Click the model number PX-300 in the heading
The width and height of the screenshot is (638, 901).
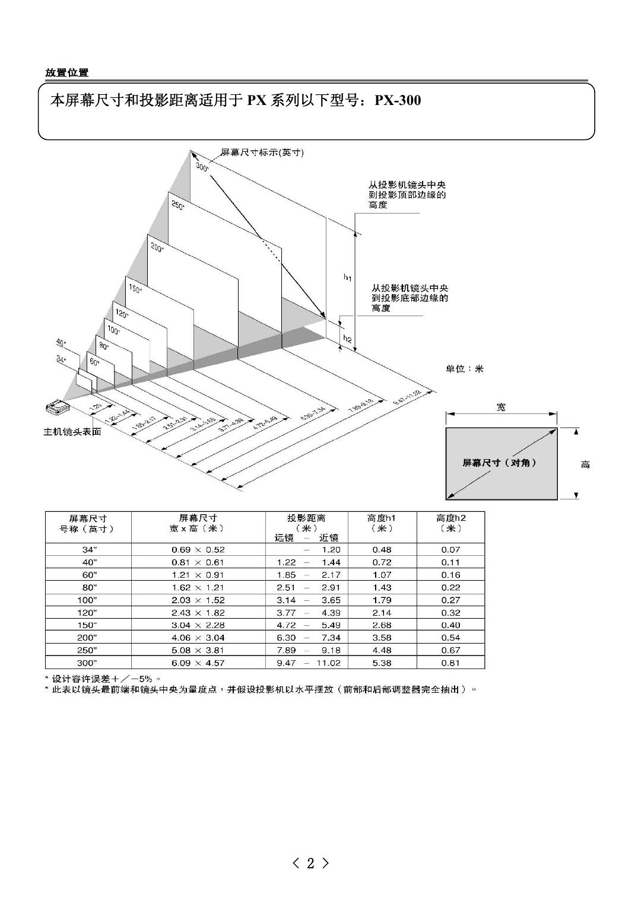(x=398, y=100)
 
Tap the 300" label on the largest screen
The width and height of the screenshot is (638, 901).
(x=202, y=168)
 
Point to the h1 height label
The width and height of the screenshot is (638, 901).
(x=348, y=278)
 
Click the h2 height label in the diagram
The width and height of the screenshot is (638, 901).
(x=348, y=339)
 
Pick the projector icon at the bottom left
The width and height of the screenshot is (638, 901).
(x=58, y=408)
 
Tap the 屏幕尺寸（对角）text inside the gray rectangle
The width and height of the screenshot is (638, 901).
(x=500, y=463)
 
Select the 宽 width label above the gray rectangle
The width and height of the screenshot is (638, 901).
(x=501, y=407)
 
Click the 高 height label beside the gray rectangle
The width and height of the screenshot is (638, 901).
(x=585, y=464)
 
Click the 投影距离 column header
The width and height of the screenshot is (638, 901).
(x=306, y=518)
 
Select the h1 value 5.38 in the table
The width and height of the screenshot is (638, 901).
(x=382, y=663)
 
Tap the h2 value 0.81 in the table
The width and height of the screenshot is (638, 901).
(x=450, y=663)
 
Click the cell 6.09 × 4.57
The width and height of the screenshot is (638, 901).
(x=198, y=663)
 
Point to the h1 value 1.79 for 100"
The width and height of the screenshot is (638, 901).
(x=382, y=600)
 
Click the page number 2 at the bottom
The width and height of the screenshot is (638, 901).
(x=310, y=864)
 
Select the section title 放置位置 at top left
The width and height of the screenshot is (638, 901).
(x=67, y=72)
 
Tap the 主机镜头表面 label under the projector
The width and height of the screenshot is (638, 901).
(x=72, y=432)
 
